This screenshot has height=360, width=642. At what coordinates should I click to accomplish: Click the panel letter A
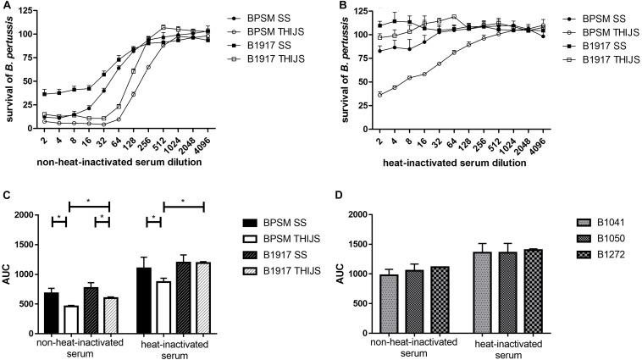[7, 8]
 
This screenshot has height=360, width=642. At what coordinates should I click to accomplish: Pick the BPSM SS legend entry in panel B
[574, 18]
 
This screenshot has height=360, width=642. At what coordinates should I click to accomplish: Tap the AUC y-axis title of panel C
[7, 274]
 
